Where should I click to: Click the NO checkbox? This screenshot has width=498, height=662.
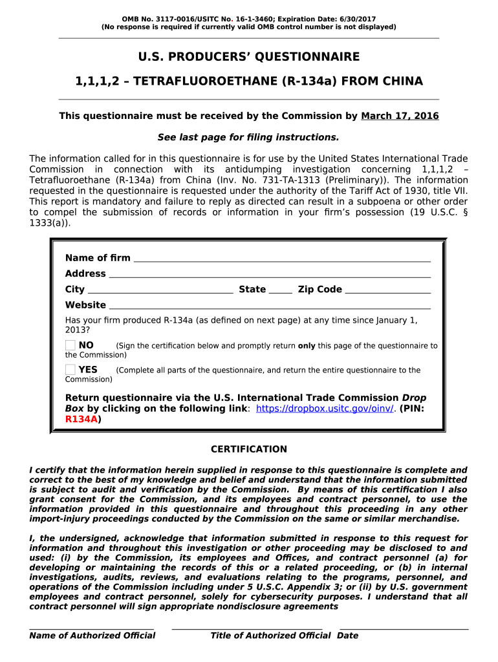click(x=70, y=345)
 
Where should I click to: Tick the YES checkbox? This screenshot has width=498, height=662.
click(x=70, y=370)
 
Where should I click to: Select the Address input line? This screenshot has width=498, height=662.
click(x=269, y=275)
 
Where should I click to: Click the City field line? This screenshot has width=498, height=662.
click(x=160, y=291)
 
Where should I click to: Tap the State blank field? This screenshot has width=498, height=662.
click(x=280, y=291)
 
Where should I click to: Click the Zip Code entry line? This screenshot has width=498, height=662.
click(x=388, y=291)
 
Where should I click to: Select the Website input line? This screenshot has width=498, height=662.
click(x=269, y=306)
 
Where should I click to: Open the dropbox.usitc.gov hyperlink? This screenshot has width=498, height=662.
click(x=325, y=409)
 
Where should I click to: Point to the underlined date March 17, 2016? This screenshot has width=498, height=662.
click(x=400, y=116)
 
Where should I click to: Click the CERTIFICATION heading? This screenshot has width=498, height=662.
click(x=249, y=449)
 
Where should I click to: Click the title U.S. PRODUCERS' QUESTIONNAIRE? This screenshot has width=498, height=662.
click(x=249, y=57)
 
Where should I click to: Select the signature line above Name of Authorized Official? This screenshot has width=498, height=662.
click(x=92, y=627)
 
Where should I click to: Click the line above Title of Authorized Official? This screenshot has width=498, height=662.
click(x=247, y=627)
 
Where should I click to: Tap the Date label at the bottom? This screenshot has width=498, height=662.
click(x=347, y=635)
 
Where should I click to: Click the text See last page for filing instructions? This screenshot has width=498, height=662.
click(x=249, y=138)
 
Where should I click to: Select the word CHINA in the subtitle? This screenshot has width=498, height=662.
click(x=404, y=81)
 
